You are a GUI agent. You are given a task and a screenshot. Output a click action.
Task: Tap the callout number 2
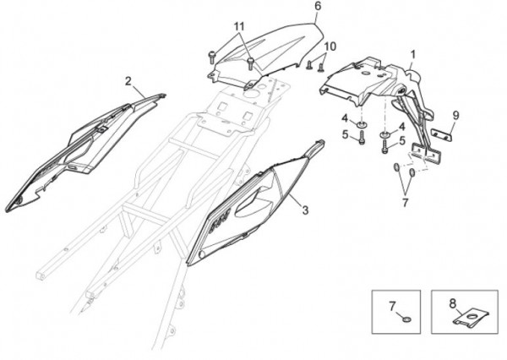(x=128, y=81)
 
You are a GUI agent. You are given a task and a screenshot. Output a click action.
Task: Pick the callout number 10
(x=330, y=46)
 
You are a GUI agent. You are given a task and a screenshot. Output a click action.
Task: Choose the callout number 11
(x=239, y=27)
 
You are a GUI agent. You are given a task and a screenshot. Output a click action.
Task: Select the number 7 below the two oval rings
(x=404, y=203)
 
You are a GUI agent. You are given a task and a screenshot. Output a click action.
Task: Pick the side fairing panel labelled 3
(x=245, y=207)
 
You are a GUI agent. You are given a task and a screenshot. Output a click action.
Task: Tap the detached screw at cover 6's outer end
(x=210, y=57)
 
